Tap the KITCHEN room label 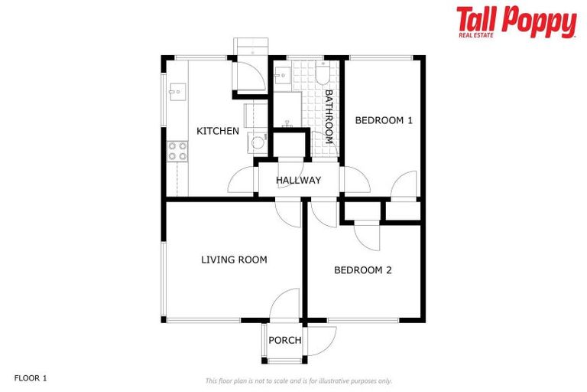coord(218,131)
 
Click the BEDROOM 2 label coord(363,269)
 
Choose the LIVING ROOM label coord(234,260)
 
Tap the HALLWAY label coord(298,180)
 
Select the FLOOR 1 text coord(31,378)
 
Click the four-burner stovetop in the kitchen coord(177,151)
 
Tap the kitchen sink coord(175,93)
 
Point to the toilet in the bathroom coord(323,73)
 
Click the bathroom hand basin coord(281,75)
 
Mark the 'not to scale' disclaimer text coord(298,381)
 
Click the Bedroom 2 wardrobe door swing coord(367,233)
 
